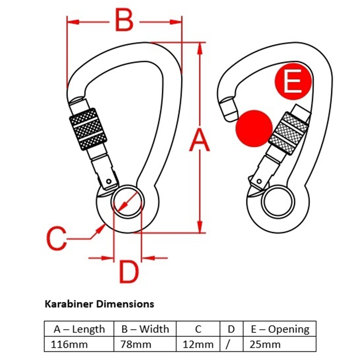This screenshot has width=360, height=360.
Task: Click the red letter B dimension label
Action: click(x=124, y=20)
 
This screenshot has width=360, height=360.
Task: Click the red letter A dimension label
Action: click(x=199, y=140)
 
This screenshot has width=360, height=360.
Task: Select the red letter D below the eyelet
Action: click(x=129, y=272)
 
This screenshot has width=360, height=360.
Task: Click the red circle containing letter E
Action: click(x=293, y=81)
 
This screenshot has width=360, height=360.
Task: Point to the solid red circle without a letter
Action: click(x=254, y=128)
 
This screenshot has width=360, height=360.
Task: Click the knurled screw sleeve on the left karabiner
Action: click(x=88, y=129)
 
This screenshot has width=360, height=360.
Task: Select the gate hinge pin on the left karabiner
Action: click(x=109, y=181)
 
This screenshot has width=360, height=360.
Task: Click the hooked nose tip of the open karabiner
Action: click(x=228, y=109)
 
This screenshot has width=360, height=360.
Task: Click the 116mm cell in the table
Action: click(x=69, y=345)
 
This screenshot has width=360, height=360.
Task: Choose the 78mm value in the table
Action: click(x=136, y=345)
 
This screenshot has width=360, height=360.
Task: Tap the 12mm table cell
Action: click(x=198, y=345)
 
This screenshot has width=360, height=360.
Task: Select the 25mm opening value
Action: click(x=265, y=345)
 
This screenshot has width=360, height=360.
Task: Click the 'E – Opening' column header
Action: click(x=280, y=329)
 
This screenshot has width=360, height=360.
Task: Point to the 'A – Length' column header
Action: click(x=79, y=329)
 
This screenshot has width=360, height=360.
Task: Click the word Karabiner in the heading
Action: click(x=69, y=304)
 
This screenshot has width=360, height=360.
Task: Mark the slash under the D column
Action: click(x=228, y=345)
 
